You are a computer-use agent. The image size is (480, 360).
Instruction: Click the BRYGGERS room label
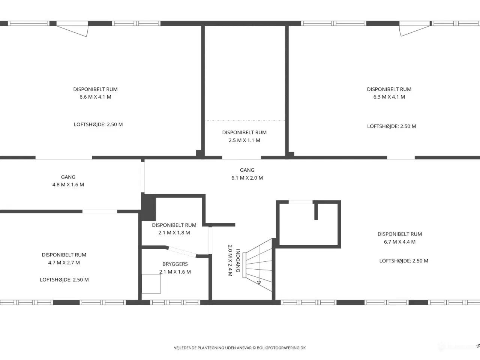tap(175, 264)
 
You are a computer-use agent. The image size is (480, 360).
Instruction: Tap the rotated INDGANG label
tap(238, 261)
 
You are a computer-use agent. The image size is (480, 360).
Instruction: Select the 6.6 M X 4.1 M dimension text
tap(95, 97)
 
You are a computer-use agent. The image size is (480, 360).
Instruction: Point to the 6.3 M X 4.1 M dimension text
tap(389, 97)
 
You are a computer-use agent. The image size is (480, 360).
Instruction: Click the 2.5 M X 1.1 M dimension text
tap(244, 140)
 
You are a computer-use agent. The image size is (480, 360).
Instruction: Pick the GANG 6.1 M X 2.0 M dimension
tap(247, 178)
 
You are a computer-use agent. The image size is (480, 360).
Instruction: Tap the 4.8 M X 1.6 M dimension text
tap(68, 185)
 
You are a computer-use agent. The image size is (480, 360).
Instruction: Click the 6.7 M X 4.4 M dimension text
tap(400, 242)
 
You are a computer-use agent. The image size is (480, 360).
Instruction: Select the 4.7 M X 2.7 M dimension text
tap(64, 263)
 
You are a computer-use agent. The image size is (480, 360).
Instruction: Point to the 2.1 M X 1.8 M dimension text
tap(174, 233)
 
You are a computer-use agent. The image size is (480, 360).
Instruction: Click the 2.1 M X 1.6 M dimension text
tap(175, 272)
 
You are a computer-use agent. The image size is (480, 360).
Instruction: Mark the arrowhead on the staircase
tap(259, 283)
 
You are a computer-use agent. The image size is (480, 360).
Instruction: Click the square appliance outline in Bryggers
tap(151, 284)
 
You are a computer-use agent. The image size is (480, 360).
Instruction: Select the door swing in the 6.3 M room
tap(415, 31)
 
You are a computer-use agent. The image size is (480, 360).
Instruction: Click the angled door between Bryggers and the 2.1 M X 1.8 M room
tap(182, 252)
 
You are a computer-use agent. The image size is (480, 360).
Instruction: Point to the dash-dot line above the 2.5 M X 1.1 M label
tap(245, 121)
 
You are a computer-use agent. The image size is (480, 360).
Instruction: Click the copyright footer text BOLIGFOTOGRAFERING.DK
tap(281, 348)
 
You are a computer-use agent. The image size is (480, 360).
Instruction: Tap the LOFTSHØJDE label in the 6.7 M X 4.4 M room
tap(403, 261)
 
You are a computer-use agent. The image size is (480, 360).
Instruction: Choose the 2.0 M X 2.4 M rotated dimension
tap(230, 261)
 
